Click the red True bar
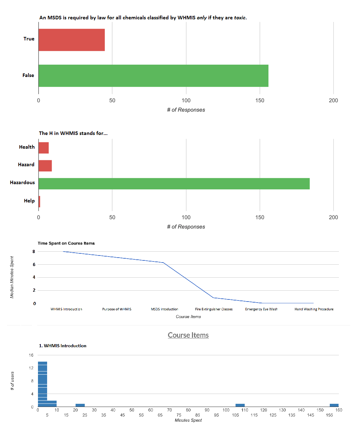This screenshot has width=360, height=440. coord(72,40)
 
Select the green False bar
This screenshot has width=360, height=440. coord(153,76)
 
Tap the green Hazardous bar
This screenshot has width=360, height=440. coord(174,183)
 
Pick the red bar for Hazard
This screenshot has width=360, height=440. coord(45,166)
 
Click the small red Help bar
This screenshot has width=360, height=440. coord(39,201)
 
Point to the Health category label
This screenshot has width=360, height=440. coord(27,147)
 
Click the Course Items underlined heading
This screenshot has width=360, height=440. coord(188,335)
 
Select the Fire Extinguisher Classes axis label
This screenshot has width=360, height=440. coord(214,309)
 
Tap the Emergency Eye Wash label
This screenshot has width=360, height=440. coord(261,309)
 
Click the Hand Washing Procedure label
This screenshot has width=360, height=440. coord(314,309)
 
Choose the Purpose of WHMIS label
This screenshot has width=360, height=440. coord(117,309)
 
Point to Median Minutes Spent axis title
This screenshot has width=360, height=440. coord(12,277)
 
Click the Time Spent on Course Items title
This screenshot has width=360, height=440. coord(66,243)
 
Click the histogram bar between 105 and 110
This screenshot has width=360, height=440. coord(240,405)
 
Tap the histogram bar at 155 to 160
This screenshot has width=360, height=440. coord(334,405)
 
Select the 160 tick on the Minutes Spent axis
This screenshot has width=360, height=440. coord(339,410)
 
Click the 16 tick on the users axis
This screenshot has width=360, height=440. coord(31,355)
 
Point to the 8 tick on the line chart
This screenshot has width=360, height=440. coord(34,251)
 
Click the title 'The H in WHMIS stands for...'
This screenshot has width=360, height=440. coord(73,133)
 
